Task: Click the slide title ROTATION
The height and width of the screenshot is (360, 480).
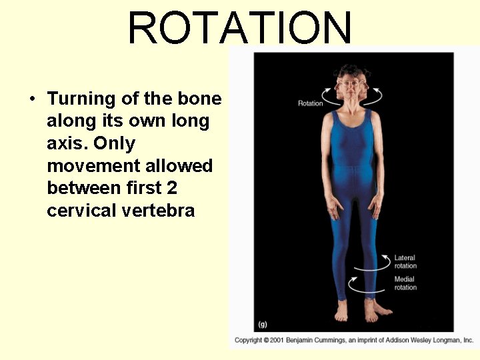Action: pyautogui.click(x=239, y=28)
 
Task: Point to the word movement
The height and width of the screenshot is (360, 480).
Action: pyautogui.click(x=87, y=165)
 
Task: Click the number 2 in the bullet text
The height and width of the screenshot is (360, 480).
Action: pyautogui.click(x=172, y=188)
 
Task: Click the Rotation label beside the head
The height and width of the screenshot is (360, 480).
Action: pyautogui.click(x=310, y=103)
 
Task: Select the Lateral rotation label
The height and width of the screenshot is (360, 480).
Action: pyautogui.click(x=405, y=262)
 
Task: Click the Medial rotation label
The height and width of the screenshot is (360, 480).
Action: pyautogui.click(x=405, y=283)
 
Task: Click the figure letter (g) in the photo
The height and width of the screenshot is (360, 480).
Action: pyautogui.click(x=263, y=324)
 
